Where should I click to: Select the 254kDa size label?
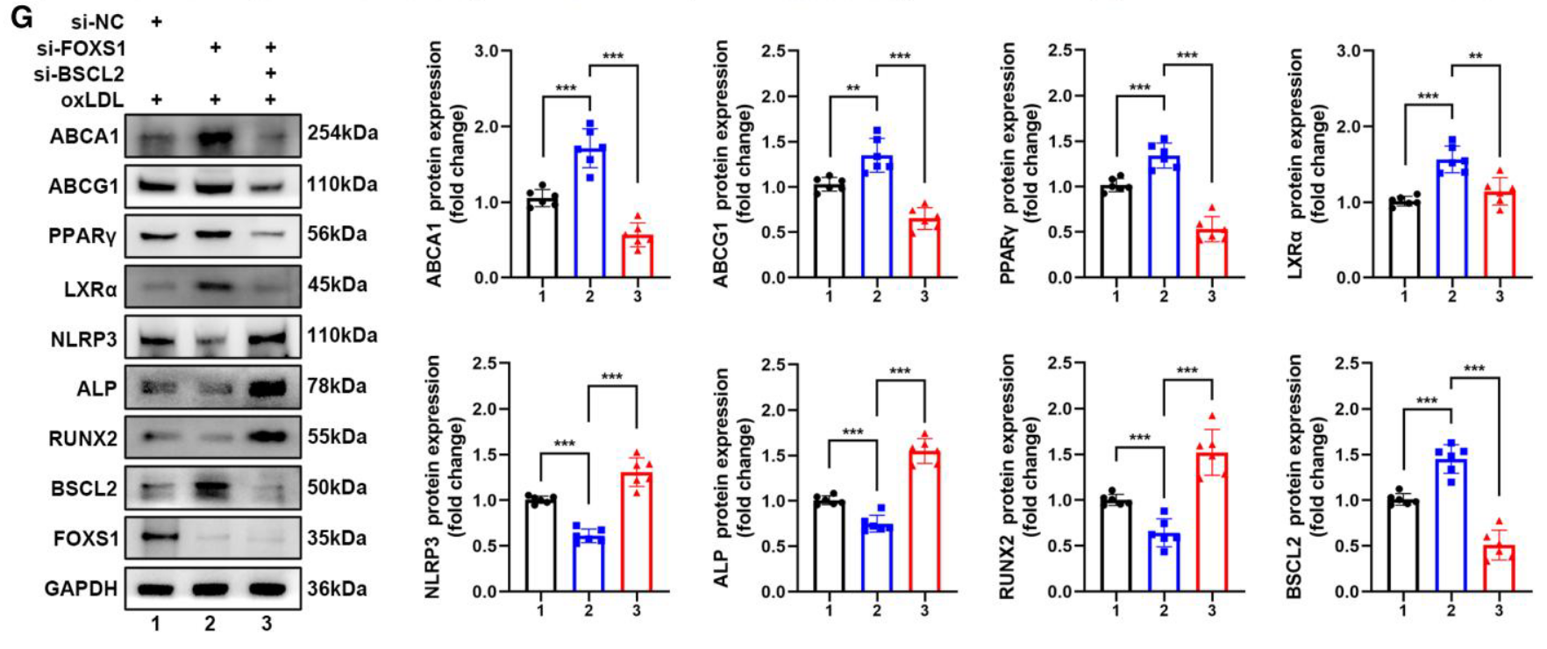tap(342, 133)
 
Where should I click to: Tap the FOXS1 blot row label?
tap(85, 538)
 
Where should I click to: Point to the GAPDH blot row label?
tap(81, 588)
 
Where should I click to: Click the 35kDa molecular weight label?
tap(337, 538)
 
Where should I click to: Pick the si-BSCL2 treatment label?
tap(79, 74)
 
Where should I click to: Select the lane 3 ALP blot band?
tap(267, 388)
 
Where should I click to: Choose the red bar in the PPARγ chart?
tap(1211, 254)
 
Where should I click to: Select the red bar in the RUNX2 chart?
tap(1211, 523)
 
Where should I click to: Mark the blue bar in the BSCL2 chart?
tap(1451, 524)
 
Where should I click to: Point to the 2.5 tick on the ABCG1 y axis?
tap(773, 51)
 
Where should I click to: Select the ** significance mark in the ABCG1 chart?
tap(852, 89)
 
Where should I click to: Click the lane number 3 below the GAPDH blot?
tap(267, 624)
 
